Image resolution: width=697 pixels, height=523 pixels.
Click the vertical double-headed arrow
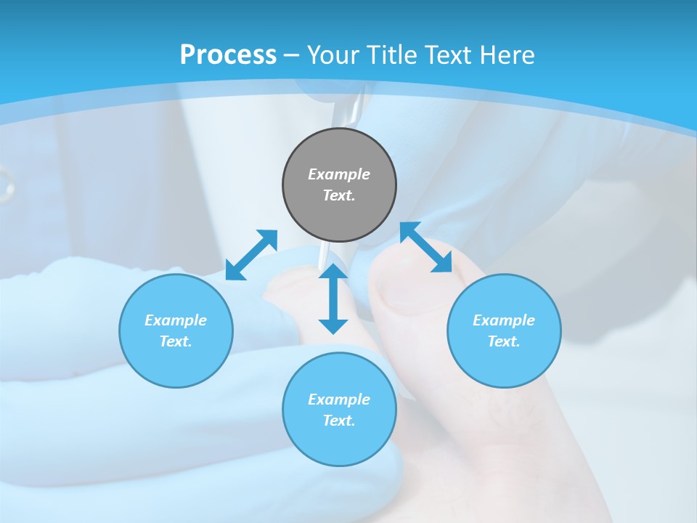tap(333, 299)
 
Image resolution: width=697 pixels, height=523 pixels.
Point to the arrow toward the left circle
tap(251, 255)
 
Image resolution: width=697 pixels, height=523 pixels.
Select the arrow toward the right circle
tap(426, 247)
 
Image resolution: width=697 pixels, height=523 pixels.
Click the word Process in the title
tap(228, 54)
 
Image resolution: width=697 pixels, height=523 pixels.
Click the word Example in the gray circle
tap(339, 174)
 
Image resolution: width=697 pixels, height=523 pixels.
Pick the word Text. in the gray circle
tap(339, 195)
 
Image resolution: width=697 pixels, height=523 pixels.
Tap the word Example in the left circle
tap(176, 320)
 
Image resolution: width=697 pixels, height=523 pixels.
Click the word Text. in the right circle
tap(504, 341)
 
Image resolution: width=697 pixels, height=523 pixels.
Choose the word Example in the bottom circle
tap(339, 400)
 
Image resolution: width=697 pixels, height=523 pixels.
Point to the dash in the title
tap(291, 55)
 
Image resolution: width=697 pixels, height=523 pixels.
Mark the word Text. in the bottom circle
tap(339, 421)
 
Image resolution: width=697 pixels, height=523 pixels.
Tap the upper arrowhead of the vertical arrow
tap(333, 272)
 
